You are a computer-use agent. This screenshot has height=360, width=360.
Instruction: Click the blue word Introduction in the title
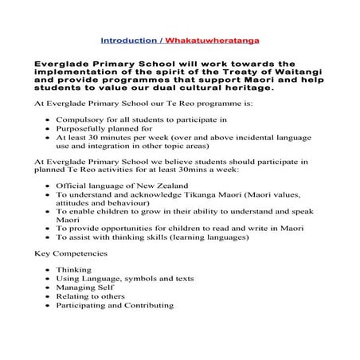tap(127, 38)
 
